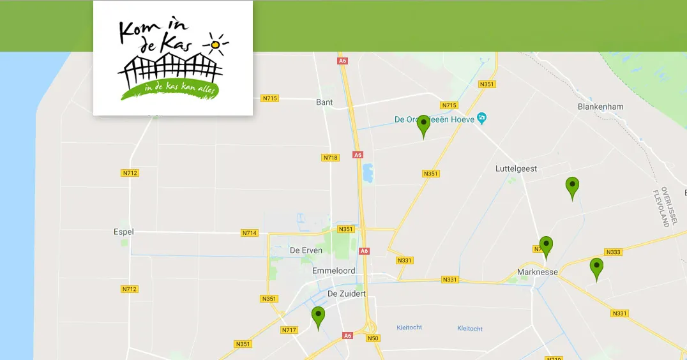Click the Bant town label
[x=324, y=102]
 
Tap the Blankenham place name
[x=600, y=107]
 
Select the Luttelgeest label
[x=516, y=169]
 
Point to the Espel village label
[x=123, y=232]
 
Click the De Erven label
[x=306, y=250]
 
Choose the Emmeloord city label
[x=333, y=271]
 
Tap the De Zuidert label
[x=346, y=294]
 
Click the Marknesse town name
[x=537, y=272]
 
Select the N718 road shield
[x=330, y=158]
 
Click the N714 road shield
[x=250, y=233]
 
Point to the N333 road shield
[x=613, y=252]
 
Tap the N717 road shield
[x=289, y=330]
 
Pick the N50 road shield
[x=373, y=338]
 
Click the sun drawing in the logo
[x=216, y=45]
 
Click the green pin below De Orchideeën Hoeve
[x=423, y=126]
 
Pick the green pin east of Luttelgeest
[x=572, y=188]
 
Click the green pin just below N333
[x=596, y=268]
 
